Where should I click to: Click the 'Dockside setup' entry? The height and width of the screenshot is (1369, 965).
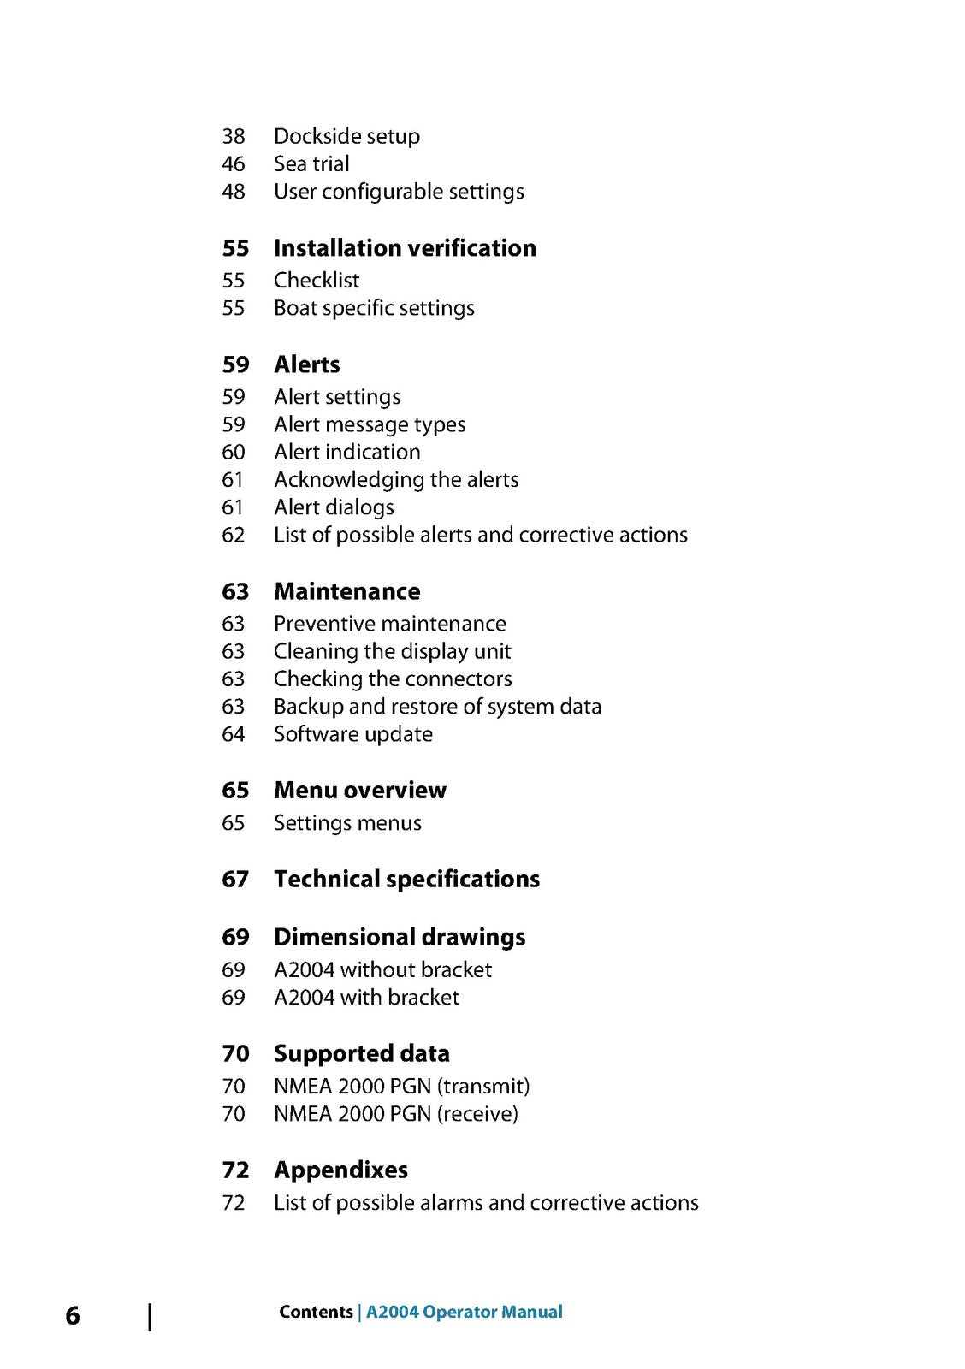coord(346,136)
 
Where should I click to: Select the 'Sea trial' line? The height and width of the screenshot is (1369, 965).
coord(311,163)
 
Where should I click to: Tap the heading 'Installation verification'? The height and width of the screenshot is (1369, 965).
coord(405,248)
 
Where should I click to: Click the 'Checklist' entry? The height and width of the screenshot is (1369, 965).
coord(317,280)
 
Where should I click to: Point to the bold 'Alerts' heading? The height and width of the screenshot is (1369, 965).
coord(306,364)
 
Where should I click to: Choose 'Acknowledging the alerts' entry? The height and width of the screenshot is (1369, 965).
coord(396,479)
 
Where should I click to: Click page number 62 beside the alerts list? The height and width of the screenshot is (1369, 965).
coord(234,535)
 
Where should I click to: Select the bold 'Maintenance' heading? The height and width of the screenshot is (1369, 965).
coord(346,591)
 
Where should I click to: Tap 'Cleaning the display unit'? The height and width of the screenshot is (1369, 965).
coord(392,651)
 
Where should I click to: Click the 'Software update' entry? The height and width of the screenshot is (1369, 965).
coord(352,734)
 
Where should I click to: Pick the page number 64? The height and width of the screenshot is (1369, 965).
coord(234,734)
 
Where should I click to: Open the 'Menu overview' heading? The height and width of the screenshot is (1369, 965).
coord(359,790)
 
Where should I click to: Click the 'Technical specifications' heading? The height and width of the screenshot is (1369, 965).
coord(406,879)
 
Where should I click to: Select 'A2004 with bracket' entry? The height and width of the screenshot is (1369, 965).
coord(366,997)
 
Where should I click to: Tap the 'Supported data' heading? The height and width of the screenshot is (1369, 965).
coord(361,1053)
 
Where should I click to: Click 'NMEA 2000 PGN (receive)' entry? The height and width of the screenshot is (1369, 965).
coord(395,1113)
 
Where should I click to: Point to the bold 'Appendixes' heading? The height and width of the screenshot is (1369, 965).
coord(340,1170)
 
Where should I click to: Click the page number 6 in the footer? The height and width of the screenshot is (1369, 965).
coord(73,1315)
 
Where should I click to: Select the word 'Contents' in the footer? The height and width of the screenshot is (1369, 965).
coord(316,1312)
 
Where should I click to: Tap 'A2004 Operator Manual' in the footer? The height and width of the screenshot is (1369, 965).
coord(464,1312)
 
